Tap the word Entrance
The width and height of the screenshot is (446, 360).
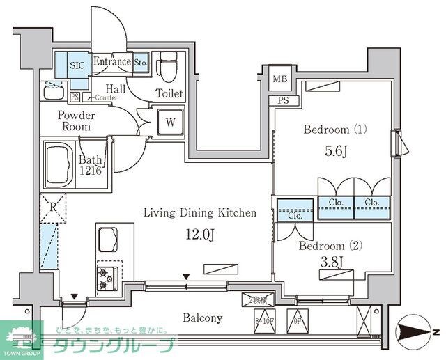click(111, 62)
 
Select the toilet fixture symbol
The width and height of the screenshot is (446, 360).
click(168, 68)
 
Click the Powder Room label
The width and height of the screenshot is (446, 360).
click(75, 121)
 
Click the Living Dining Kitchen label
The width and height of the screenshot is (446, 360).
click(200, 213)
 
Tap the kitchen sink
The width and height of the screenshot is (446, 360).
click(109, 241)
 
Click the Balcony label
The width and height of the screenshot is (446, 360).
click(202, 318)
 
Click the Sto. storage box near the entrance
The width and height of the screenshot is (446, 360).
click(141, 62)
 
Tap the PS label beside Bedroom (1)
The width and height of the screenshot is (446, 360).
click(284, 100)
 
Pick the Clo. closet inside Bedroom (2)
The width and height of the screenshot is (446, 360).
click(294, 215)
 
